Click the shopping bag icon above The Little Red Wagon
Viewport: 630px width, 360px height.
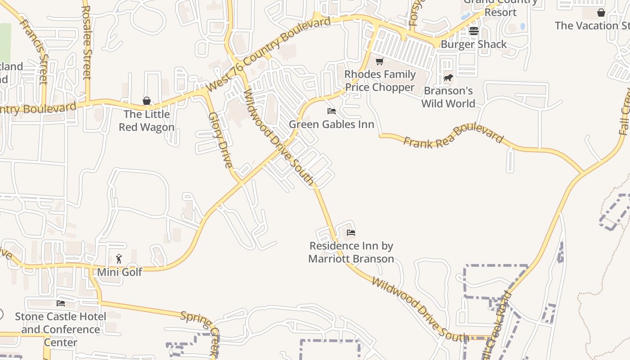pyautogui.click(x=146, y=101)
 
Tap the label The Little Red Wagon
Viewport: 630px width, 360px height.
pyautogui.click(x=147, y=121)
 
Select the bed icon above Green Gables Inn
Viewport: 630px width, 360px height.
pyautogui.click(x=332, y=111)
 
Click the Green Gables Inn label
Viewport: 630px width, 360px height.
pyautogui.click(x=332, y=124)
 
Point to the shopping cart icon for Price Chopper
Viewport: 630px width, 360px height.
pyautogui.click(x=380, y=61)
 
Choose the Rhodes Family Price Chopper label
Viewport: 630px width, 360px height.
pyautogui.click(x=380, y=81)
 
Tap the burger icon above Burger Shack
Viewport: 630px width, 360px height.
pyautogui.click(x=473, y=31)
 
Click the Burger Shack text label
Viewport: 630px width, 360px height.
pyautogui.click(x=473, y=44)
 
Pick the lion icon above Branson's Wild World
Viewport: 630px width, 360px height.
pyautogui.click(x=448, y=78)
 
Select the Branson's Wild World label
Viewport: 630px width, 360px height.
pyautogui.click(x=448, y=97)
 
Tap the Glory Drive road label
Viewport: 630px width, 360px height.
pyautogui.click(x=220, y=140)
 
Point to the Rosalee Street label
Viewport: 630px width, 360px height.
pyautogui.click(x=86, y=43)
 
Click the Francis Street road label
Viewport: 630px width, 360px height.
pyautogui.click(x=34, y=45)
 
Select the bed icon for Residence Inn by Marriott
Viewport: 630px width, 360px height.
pyautogui.click(x=351, y=233)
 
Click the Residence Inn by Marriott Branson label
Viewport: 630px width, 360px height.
pyautogui.click(x=351, y=252)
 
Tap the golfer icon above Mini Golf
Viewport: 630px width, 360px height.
pyautogui.click(x=119, y=259)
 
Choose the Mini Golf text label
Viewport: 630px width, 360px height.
pyautogui.click(x=120, y=272)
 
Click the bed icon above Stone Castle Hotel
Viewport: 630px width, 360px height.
pyautogui.click(x=61, y=303)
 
